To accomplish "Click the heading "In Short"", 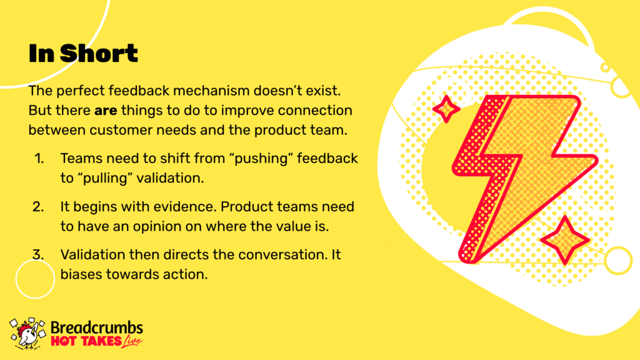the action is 83,54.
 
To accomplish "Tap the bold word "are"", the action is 106,111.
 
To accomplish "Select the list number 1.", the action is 39,158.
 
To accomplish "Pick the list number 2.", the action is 38,206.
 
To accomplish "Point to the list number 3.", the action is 38,255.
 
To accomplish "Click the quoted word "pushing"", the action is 261,159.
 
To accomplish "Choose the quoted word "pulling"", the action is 105,178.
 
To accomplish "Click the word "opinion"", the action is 157,226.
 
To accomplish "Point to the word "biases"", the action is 82,274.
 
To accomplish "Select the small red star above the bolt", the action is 446,109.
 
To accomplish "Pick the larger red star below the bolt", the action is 565,240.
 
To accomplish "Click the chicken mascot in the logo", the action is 27,334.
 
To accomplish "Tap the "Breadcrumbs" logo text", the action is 97,327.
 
